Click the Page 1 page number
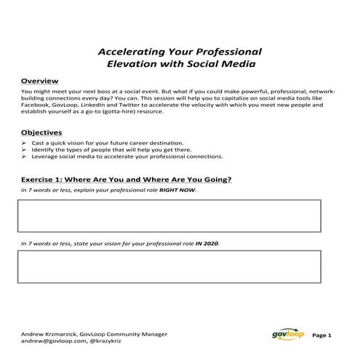(x=321, y=336)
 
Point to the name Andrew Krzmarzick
(x=51, y=333)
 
